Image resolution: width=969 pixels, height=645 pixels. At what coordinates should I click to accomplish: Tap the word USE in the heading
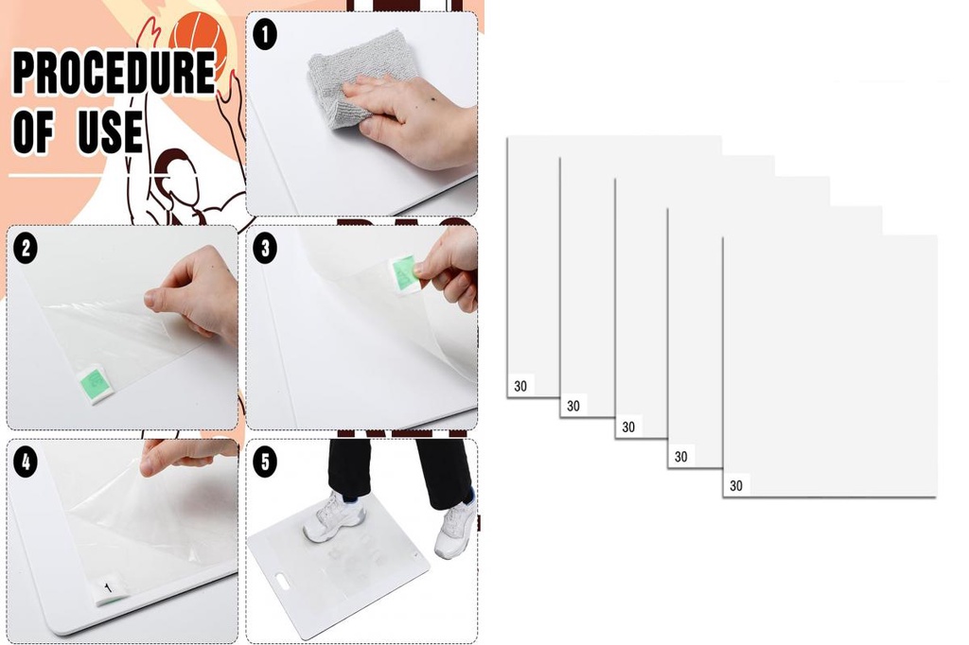[110, 132]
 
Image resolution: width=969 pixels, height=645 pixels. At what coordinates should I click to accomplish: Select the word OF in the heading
[33, 132]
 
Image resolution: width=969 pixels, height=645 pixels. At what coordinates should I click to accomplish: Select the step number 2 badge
[26, 249]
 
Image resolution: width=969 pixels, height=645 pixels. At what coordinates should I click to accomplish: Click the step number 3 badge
[266, 249]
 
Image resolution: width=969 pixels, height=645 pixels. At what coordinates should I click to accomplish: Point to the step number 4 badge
[26, 462]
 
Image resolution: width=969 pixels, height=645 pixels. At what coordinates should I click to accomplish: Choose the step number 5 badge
[266, 462]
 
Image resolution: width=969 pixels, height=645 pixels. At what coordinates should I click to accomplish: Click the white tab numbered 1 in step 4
[108, 590]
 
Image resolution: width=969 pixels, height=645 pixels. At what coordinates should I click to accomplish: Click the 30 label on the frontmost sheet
[736, 486]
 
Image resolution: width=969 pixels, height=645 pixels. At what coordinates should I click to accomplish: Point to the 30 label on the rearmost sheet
[520, 386]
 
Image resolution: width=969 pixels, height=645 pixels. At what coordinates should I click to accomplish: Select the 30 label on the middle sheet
[628, 427]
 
